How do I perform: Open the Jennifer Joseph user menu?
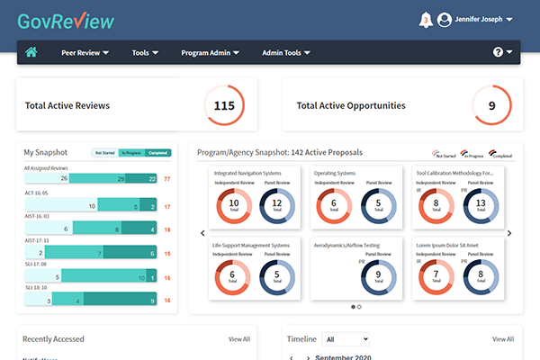[475, 19]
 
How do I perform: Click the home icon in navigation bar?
[31, 52]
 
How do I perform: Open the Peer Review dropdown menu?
[85, 53]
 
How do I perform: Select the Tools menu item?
[145, 53]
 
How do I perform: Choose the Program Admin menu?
[210, 53]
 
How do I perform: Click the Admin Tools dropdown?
[287, 53]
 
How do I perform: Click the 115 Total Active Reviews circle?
[224, 105]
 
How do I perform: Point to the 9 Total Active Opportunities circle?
[491, 105]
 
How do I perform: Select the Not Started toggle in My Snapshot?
[105, 153]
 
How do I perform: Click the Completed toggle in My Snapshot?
[157, 153]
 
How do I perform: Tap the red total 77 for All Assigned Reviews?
[167, 179]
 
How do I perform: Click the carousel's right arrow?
[509, 234]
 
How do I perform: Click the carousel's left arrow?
[202, 234]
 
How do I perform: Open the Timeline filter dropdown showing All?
[346, 339]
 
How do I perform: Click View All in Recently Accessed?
[238, 339]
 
